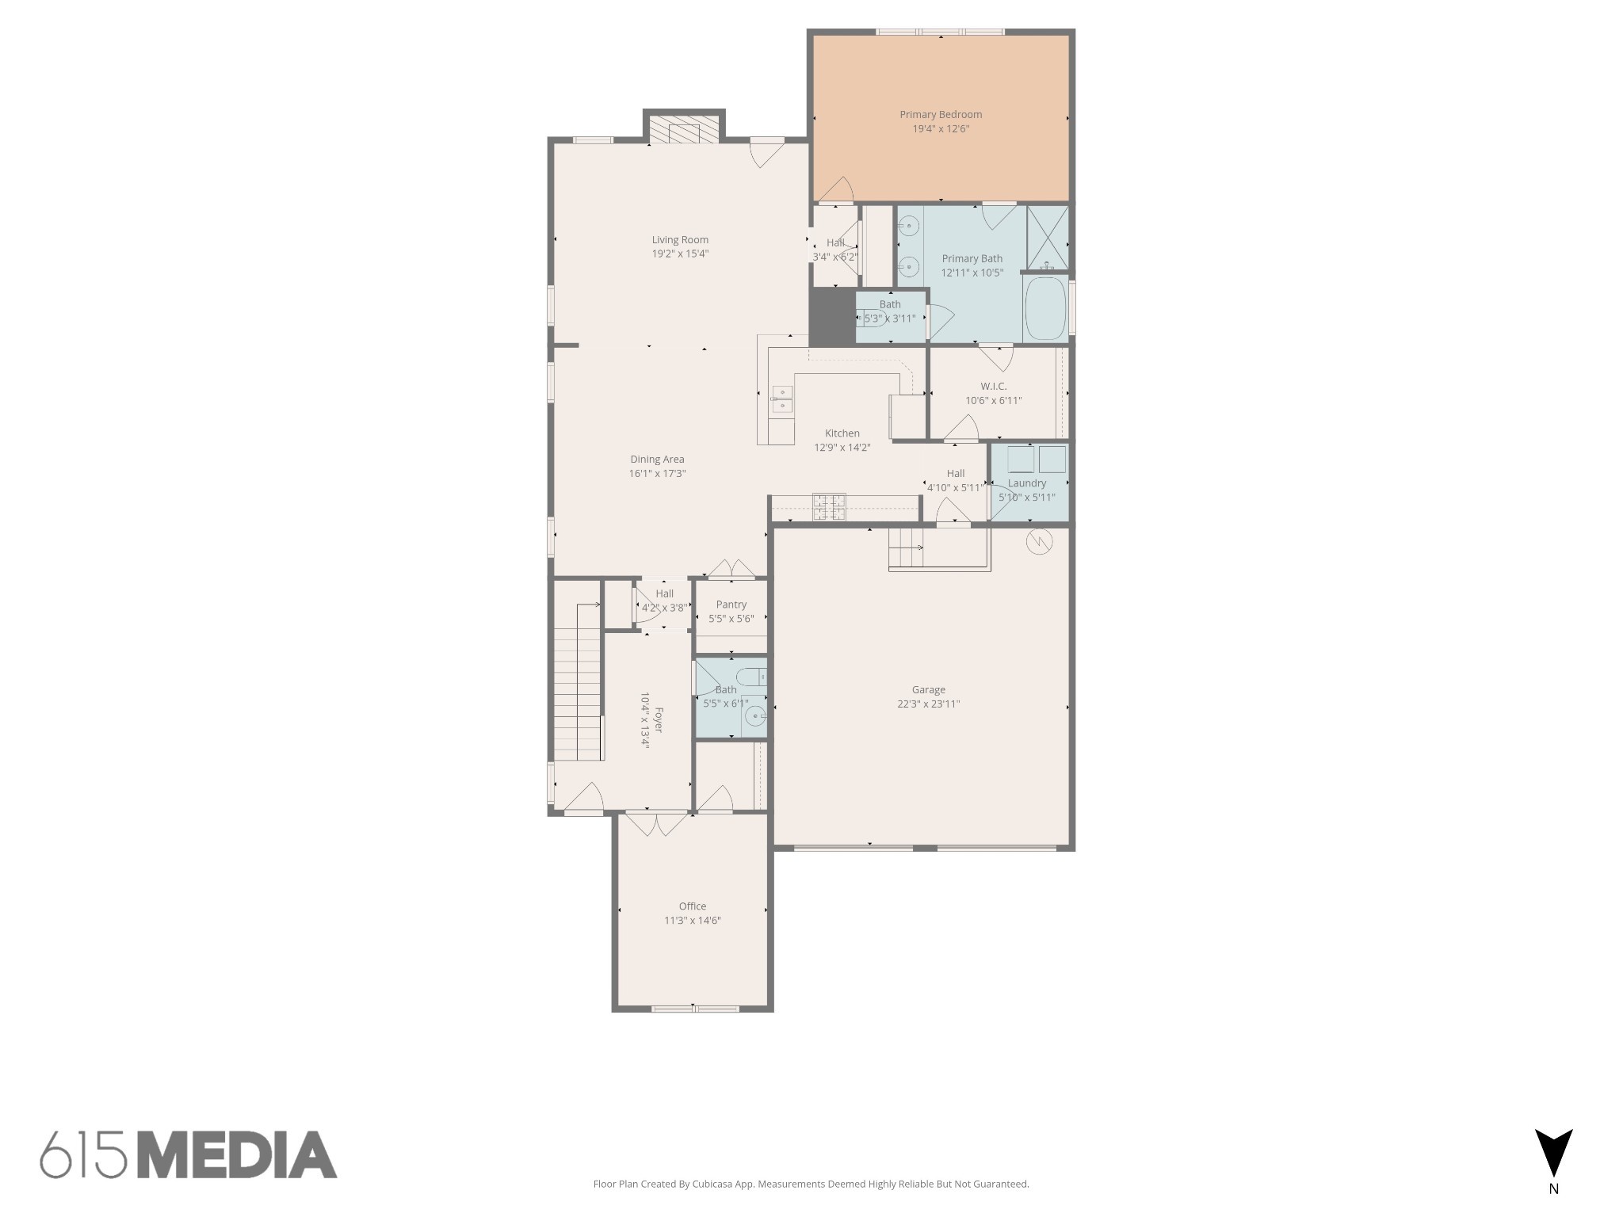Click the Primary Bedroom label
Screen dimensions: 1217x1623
pos(941,115)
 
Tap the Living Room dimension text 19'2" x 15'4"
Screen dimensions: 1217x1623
pos(680,254)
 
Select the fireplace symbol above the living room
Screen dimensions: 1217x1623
pos(684,132)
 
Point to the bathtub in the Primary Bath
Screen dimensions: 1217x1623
pos(1045,308)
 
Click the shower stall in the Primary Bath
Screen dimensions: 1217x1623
pos(1047,238)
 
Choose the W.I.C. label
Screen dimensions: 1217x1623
pos(993,387)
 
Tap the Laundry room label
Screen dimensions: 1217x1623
pos(1027,483)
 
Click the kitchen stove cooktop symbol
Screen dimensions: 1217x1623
pos(829,506)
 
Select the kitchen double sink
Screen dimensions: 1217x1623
pos(782,399)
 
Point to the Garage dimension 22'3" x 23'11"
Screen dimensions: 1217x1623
pos(928,704)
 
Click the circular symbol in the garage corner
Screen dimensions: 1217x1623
pos(1039,542)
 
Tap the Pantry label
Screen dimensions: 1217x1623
pos(731,605)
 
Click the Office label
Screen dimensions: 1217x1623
pos(692,906)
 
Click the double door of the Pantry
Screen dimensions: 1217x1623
pos(731,569)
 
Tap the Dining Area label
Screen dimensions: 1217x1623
pos(657,460)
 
